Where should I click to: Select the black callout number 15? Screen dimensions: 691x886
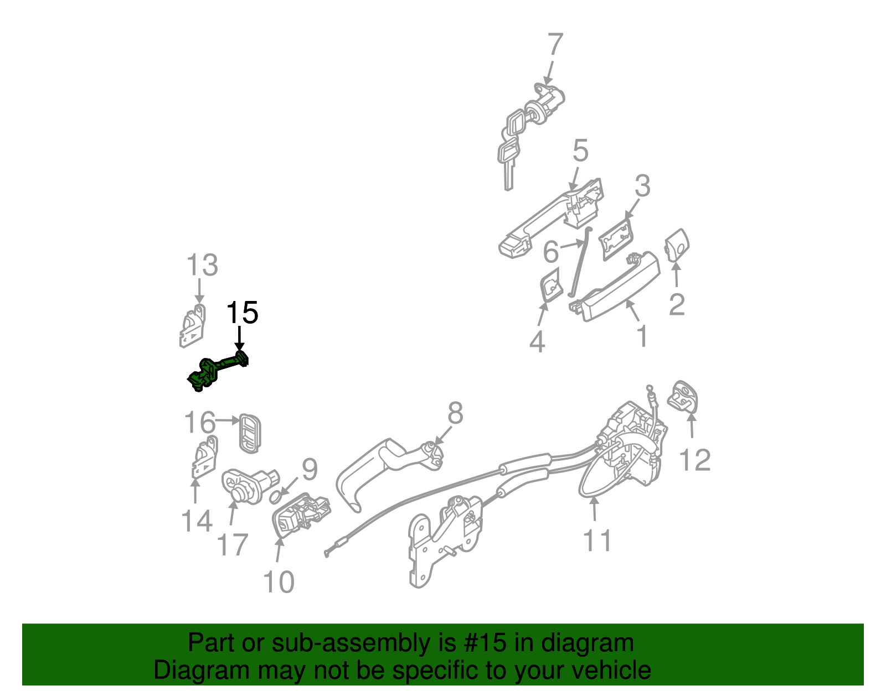click(x=242, y=313)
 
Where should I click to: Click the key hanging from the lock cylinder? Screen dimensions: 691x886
click(x=507, y=160)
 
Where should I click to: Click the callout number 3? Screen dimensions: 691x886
click(x=642, y=186)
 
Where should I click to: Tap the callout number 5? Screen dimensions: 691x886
click(x=580, y=150)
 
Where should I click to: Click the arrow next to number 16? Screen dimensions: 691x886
click(x=226, y=420)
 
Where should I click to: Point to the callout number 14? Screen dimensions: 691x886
click(x=197, y=521)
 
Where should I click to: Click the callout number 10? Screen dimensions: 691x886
click(x=278, y=582)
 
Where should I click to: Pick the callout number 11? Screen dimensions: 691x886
click(x=597, y=541)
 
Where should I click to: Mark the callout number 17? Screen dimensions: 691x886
click(x=232, y=545)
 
